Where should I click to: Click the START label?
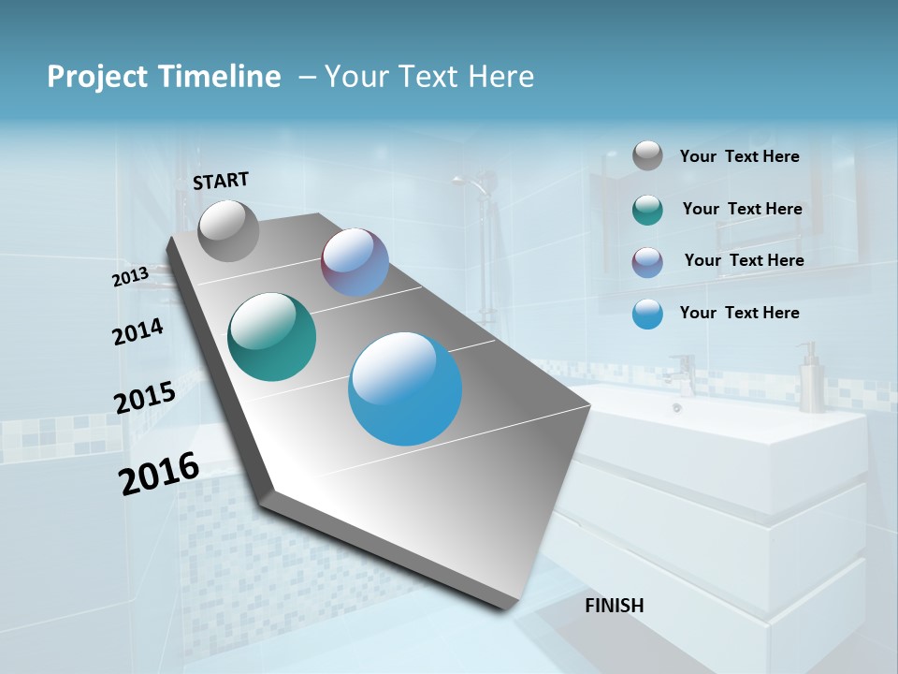coord(221,180)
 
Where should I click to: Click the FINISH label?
coord(614,606)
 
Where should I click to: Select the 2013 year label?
coord(130,277)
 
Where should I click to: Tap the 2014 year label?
coord(138,331)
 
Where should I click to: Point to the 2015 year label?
coord(144,398)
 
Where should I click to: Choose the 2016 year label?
coord(159,474)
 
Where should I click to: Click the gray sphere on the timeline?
coord(229,230)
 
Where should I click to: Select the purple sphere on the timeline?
coord(355,263)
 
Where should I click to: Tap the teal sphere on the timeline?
coord(271,337)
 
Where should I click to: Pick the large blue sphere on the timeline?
coord(405,388)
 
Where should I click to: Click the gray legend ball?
coord(647,155)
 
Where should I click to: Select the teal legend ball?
coord(647,210)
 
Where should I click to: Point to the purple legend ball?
coord(647,262)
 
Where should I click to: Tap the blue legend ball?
coord(647,314)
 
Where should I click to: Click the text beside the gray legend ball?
coord(739,156)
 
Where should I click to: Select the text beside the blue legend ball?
coord(739,313)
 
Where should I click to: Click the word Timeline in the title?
coord(224,77)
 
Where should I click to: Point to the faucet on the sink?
coord(683,374)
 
